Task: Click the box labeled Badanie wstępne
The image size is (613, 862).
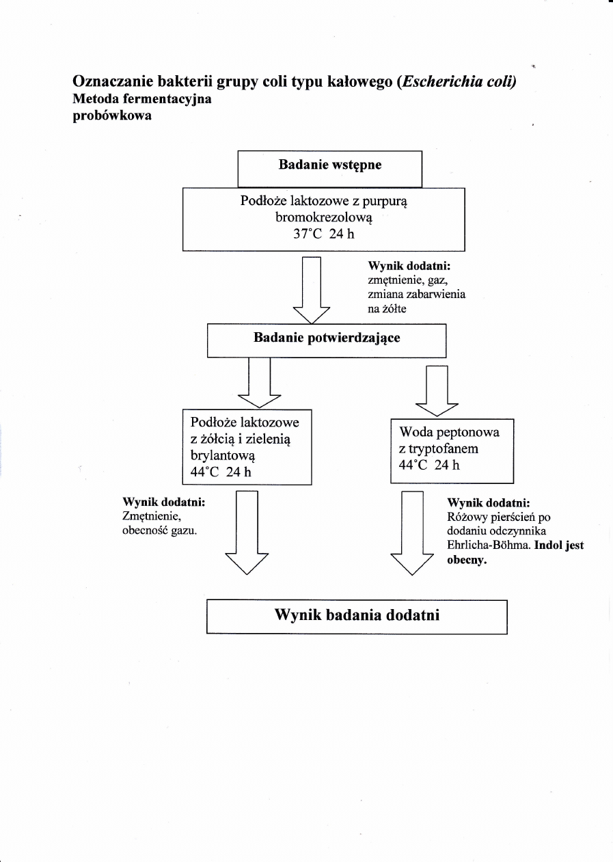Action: (x=329, y=168)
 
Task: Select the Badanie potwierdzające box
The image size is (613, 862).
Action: (x=326, y=340)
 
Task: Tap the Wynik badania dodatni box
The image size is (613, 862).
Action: (x=356, y=616)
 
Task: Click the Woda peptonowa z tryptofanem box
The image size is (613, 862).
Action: (x=451, y=450)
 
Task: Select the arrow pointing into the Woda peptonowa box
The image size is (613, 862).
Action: (x=437, y=390)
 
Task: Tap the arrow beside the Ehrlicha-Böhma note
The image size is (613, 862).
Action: (x=412, y=533)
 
